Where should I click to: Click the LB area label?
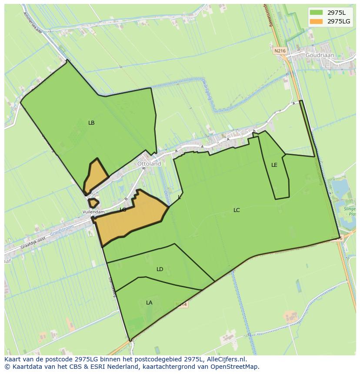[x=91, y=123]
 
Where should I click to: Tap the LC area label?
[x=237, y=210]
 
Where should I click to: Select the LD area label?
[x=160, y=269]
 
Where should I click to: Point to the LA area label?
[x=149, y=303]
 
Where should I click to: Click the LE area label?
[x=274, y=165]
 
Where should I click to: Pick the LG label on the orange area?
[x=123, y=210]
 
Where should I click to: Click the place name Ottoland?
[x=149, y=164]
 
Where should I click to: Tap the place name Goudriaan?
[x=320, y=56]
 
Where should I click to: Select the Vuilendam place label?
[x=94, y=212]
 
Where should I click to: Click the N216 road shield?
[x=280, y=51]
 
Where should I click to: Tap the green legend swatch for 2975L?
[x=317, y=12]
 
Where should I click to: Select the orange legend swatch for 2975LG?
[x=317, y=21]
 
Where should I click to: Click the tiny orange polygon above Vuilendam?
[x=93, y=203]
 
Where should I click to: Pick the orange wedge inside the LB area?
[x=97, y=176]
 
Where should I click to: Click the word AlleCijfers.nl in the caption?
[x=225, y=359]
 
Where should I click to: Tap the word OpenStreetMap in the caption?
[x=234, y=367]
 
